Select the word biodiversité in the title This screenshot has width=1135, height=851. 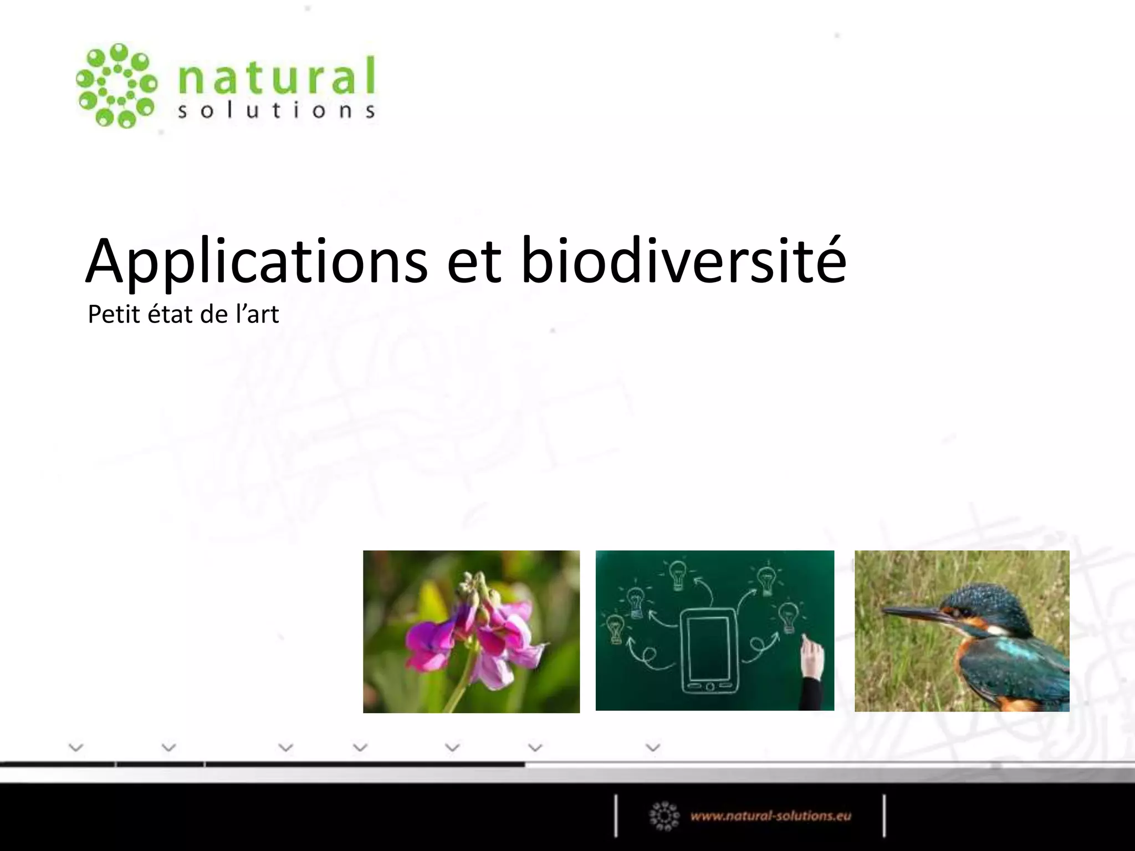[x=683, y=260]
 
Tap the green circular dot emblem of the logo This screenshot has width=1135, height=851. [x=116, y=85]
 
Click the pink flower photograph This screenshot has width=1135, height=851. [x=471, y=631]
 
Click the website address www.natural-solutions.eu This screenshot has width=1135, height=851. [x=770, y=816]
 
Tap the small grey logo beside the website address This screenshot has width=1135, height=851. [x=664, y=816]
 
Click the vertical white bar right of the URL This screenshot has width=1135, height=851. [x=884, y=816]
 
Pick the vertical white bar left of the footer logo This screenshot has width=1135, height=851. [x=616, y=816]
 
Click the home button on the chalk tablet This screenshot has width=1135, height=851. [x=710, y=687]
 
